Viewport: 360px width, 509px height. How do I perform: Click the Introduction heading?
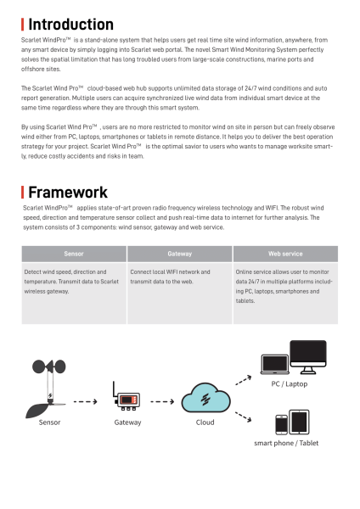point(70,24)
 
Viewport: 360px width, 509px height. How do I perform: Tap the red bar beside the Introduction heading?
point(23,24)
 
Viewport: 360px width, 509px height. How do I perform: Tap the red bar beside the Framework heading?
point(23,192)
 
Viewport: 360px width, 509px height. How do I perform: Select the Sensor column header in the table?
point(73,254)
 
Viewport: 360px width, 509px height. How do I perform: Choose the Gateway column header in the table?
point(179,254)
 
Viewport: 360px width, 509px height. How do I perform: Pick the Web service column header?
point(284,254)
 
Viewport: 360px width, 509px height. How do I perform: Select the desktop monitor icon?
point(307,356)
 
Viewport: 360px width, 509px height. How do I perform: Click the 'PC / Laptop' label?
point(290,383)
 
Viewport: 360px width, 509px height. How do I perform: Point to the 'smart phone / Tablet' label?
point(286,443)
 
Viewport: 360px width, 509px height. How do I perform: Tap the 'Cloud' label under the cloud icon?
point(205,422)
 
